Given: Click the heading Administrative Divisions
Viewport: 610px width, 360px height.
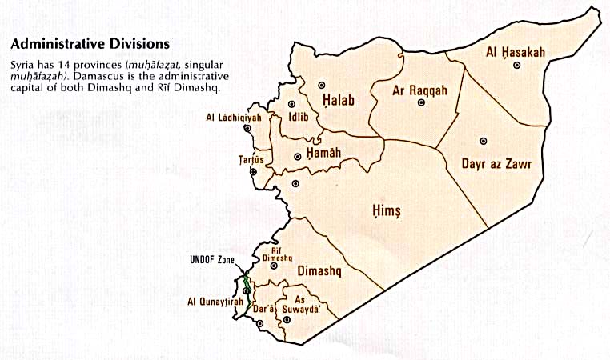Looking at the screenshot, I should click(x=90, y=42).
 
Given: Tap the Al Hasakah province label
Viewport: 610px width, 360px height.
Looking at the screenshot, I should click(x=516, y=53).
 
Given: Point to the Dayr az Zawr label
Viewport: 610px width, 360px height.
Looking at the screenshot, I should click(x=497, y=164).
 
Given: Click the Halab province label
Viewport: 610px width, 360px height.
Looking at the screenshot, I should click(x=339, y=100).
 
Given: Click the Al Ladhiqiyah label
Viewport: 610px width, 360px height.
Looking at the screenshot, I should click(x=234, y=117).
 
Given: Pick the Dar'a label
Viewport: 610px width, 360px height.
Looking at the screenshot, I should click(x=264, y=308).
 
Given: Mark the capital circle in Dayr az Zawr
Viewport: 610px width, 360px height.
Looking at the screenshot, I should click(x=481, y=141).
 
